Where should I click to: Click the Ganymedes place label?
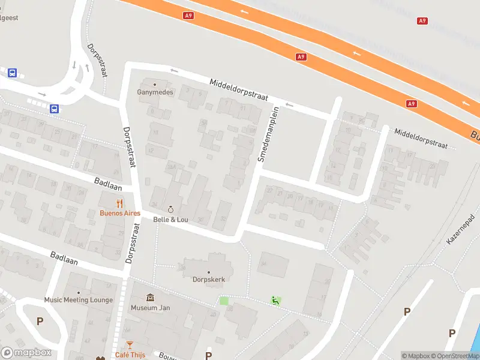coord(155,92)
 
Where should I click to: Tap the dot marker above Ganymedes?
coord(155,84)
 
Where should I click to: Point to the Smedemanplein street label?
coord(268,134)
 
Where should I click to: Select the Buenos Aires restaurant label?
coord(119,213)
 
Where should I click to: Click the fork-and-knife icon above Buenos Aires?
coord(119,203)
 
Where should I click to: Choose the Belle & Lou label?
coord(171,220)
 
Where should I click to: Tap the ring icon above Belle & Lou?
coord(171,209)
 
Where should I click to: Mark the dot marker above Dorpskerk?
coord(208,272)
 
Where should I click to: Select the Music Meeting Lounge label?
coord(79,300)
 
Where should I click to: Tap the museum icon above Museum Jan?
coord(149,298)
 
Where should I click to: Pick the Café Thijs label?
coord(130,355)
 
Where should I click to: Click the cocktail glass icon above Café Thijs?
coord(130,345)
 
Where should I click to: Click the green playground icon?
coord(275,301)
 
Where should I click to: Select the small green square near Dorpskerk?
coord(224,301)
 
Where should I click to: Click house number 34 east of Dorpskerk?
coord(263,263)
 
